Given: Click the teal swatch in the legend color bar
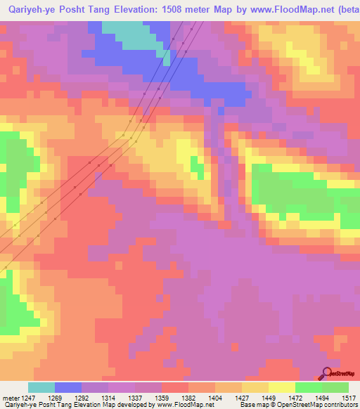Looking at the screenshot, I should coord(41,388).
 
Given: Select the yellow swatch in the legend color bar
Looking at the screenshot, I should coord(281,388).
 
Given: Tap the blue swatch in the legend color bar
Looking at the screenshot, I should coord(68,388).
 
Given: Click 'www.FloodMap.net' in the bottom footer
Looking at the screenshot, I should coord(185,405).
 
